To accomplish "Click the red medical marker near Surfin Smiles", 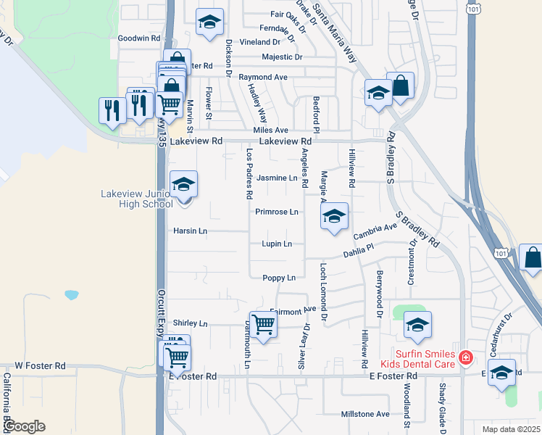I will click(x=464, y=357).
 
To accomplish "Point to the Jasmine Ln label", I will click(x=278, y=178).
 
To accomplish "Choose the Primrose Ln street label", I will click(x=277, y=212).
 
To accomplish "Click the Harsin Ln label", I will click(x=190, y=231).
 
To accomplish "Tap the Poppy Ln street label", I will click(x=279, y=278).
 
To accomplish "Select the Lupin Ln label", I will click(x=277, y=244).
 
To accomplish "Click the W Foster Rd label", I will click(x=40, y=366).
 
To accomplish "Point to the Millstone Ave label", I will click(x=366, y=415).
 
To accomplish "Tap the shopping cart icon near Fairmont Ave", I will click(x=262, y=326).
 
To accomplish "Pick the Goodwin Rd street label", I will click(x=138, y=38).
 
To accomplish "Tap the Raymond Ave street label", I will click(x=263, y=77).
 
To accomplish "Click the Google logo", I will click(x=24, y=426).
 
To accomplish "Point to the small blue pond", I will click(x=71, y=295).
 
